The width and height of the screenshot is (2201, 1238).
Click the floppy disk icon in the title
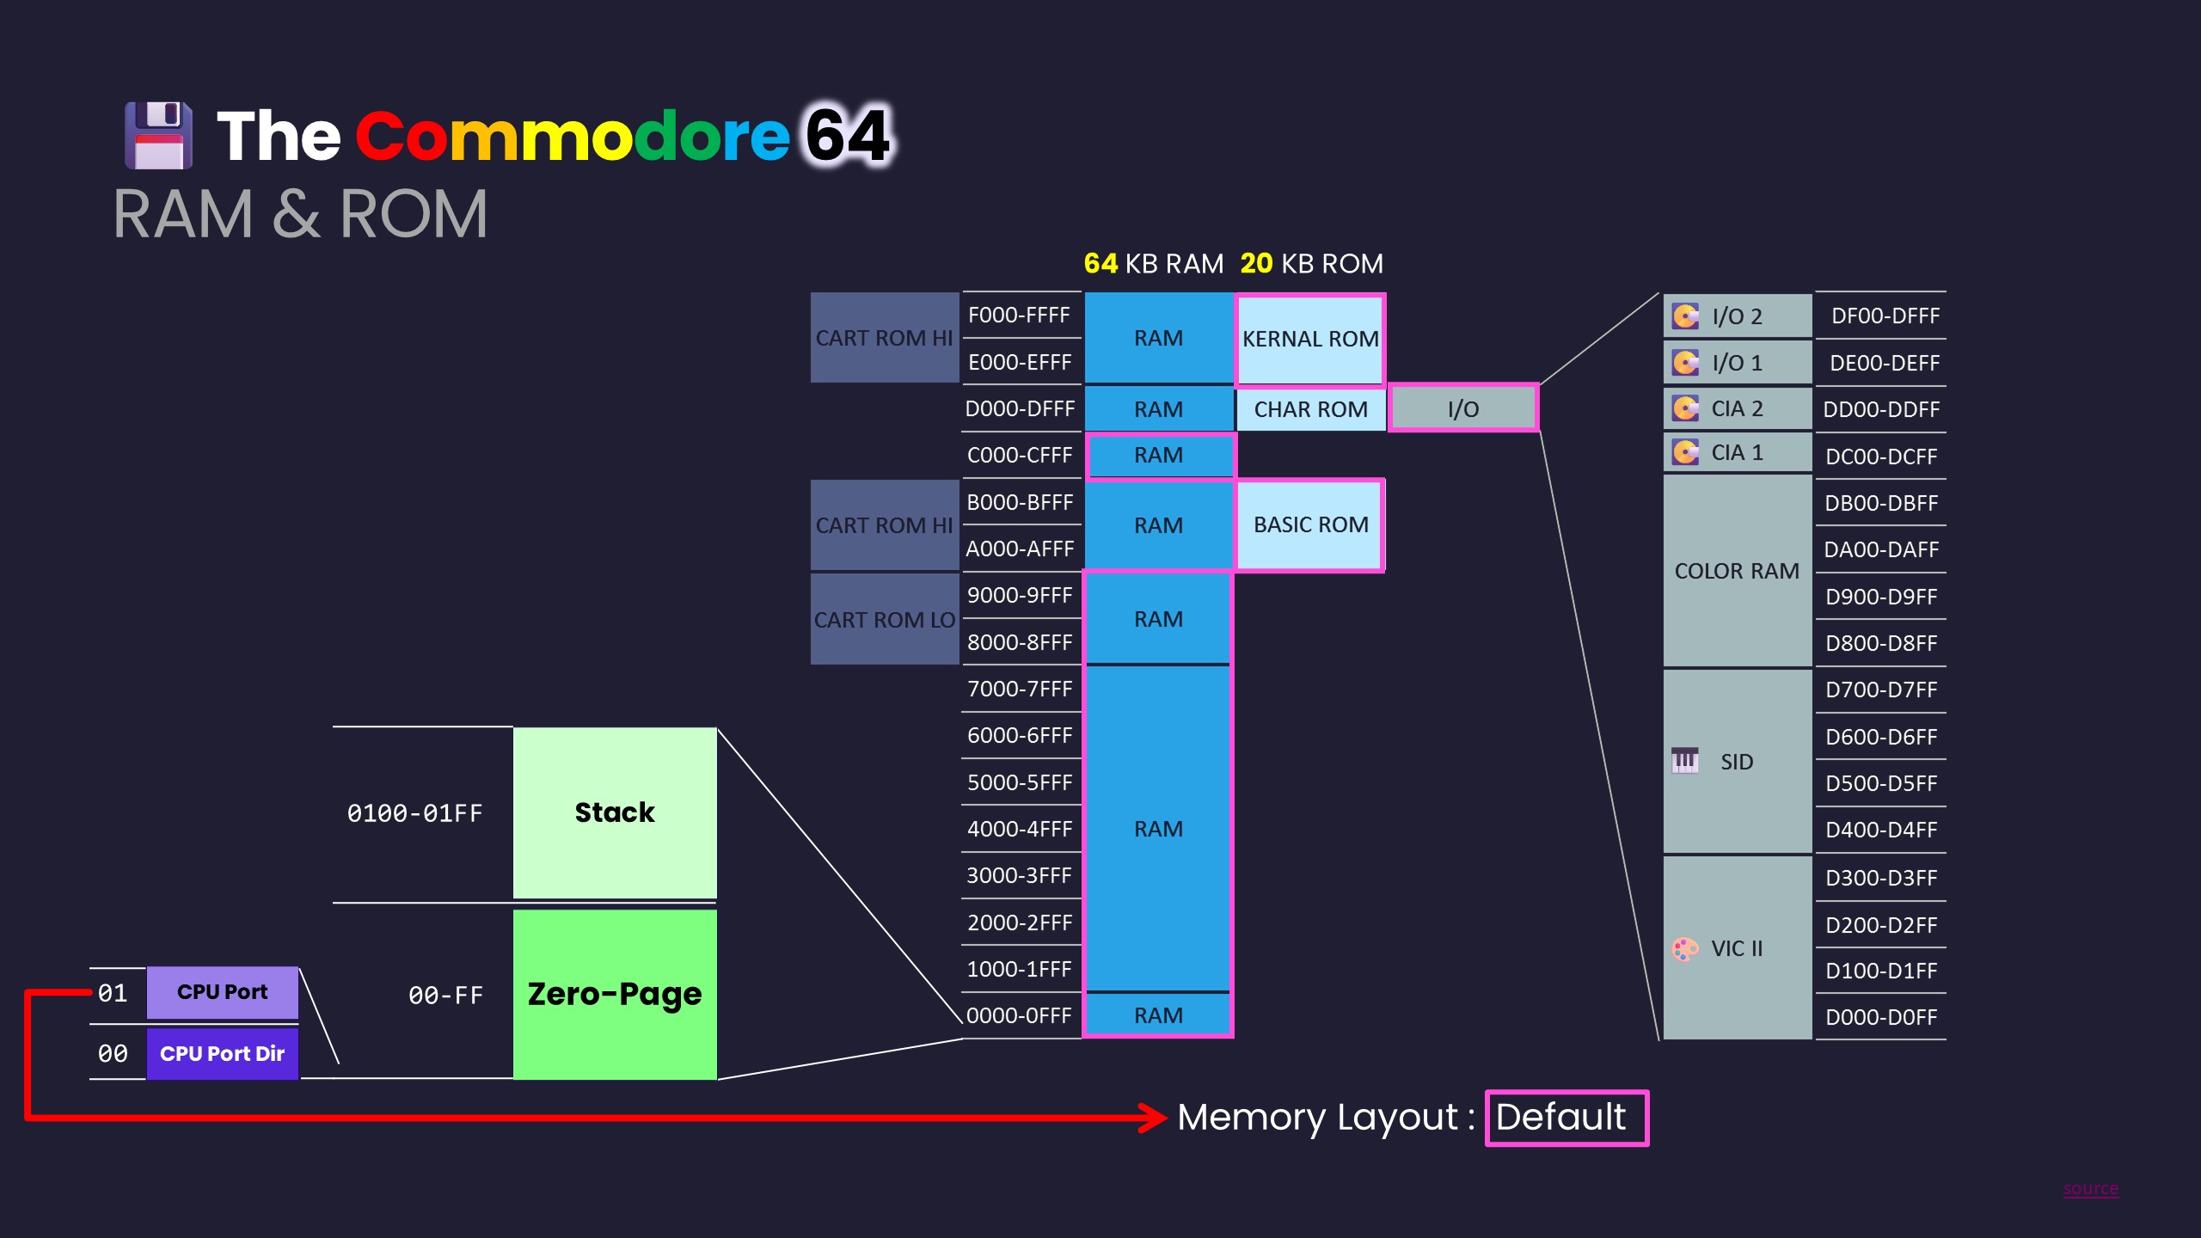(158, 135)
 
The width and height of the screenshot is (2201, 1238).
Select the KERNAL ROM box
(1309, 339)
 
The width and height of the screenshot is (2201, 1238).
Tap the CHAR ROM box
(1309, 409)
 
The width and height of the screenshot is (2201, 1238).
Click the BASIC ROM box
(1309, 524)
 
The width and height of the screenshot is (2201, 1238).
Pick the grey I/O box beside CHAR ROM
(1462, 409)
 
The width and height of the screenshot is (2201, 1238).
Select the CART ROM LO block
(884, 619)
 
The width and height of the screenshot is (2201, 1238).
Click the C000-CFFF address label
(1020, 455)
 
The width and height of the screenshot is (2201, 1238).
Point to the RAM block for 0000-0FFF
(1158, 1015)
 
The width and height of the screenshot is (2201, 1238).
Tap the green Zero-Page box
(615, 994)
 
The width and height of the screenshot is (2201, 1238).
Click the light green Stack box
(615, 812)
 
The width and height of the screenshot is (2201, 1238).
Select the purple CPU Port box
(222, 992)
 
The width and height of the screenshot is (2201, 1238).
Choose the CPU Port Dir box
(222, 1054)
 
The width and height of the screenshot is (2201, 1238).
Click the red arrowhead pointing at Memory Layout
(1152, 1118)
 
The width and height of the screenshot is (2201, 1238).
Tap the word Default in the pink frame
(1560, 1118)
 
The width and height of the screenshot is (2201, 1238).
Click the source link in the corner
(2090, 1189)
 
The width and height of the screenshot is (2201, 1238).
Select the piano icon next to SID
(1684, 761)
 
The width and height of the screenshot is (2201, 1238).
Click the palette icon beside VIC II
(1684, 948)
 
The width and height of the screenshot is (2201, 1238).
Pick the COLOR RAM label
(1736, 571)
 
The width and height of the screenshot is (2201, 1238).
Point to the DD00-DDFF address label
(1881, 409)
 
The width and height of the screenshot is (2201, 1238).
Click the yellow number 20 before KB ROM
(1256, 263)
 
